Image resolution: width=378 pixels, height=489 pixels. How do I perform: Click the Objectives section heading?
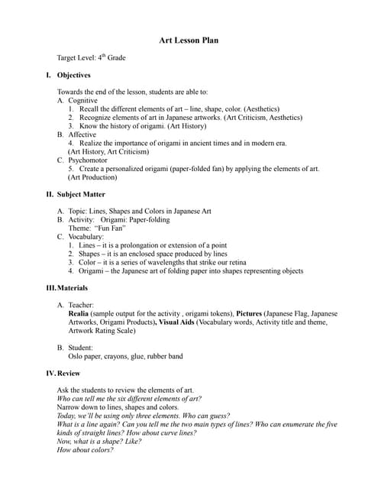(x=73, y=75)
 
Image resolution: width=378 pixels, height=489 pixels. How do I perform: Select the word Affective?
(x=82, y=134)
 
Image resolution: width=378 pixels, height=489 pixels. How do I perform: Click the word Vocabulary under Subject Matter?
(x=86, y=236)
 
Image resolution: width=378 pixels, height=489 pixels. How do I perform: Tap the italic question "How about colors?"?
(x=86, y=449)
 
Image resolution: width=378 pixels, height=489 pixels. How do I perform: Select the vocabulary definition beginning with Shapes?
(x=153, y=253)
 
